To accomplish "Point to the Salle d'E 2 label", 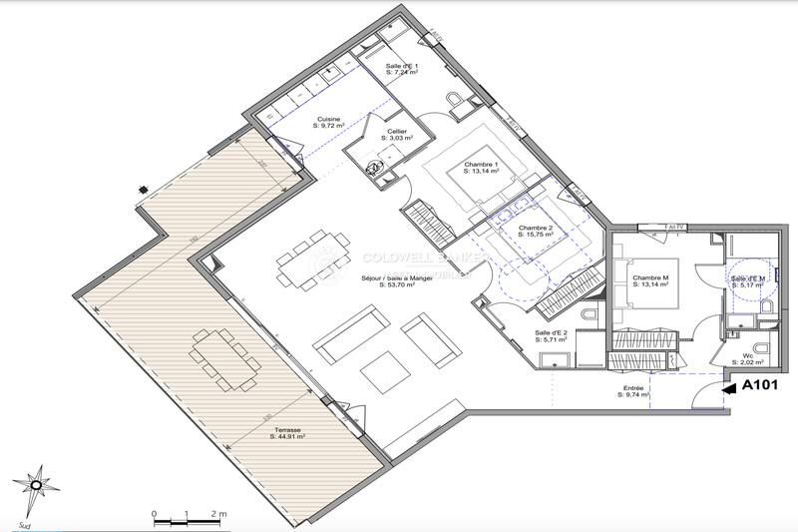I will [551, 332].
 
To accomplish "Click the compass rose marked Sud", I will [37, 486].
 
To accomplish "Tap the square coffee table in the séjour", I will [385, 372].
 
